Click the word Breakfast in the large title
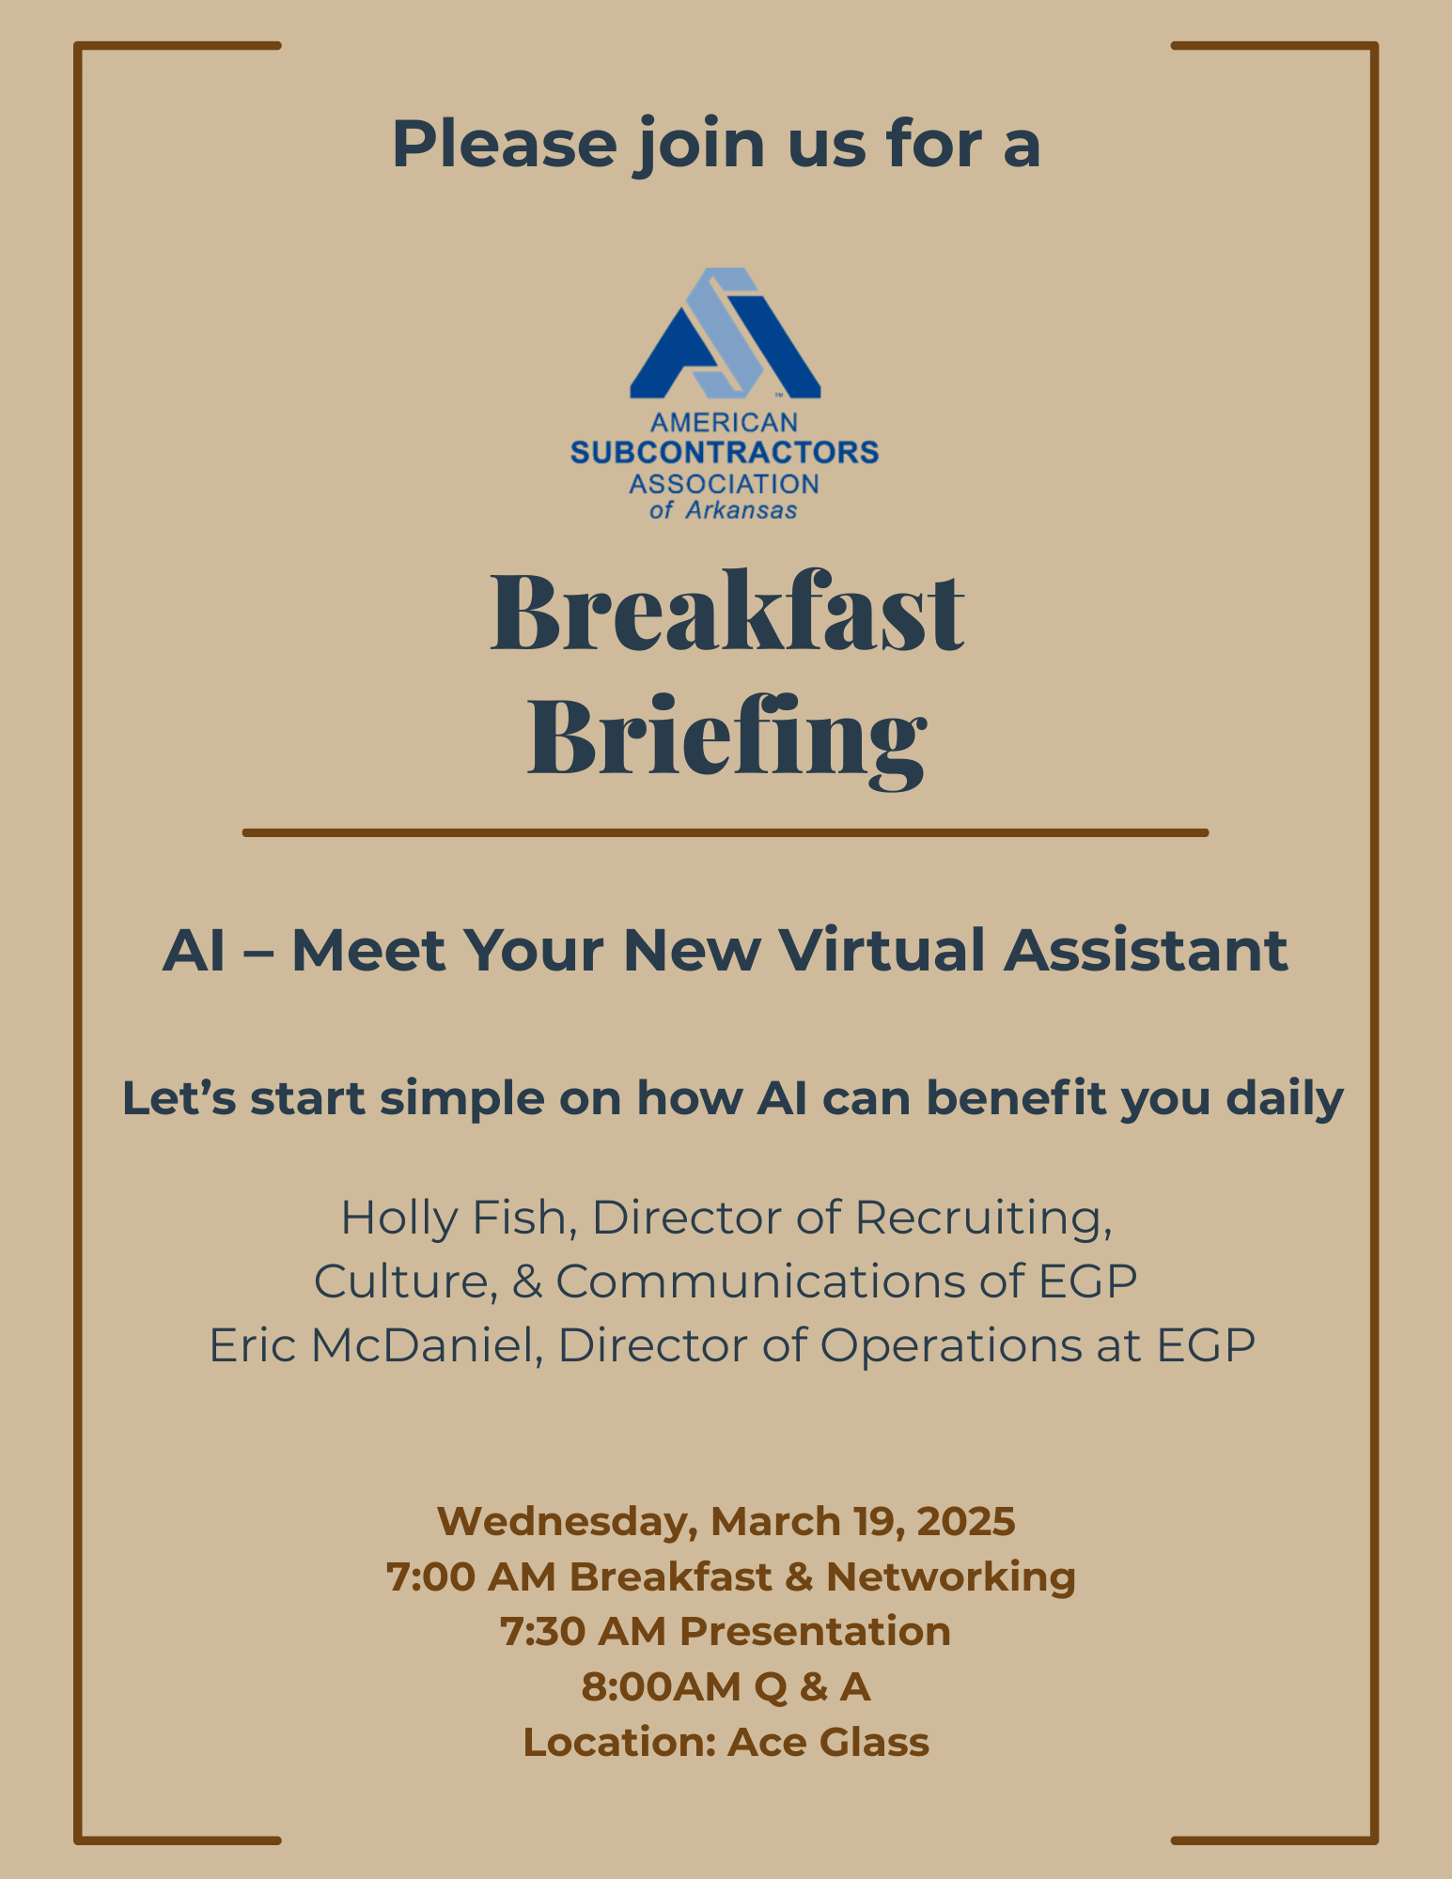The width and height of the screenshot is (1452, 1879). (726, 613)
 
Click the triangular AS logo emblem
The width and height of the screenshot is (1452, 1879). (725, 334)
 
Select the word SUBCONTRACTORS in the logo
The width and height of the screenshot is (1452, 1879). (725, 453)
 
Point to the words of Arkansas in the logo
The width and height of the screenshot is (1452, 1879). (724, 510)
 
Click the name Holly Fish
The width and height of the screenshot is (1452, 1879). (452, 1218)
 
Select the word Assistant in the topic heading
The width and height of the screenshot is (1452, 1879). (1146, 950)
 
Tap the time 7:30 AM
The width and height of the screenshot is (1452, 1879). (584, 1632)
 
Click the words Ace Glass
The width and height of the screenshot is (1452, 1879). (828, 1743)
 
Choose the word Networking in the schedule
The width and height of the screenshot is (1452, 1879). (950, 1576)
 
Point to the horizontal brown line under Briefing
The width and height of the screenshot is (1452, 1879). (725, 832)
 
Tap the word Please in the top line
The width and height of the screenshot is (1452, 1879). (504, 145)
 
